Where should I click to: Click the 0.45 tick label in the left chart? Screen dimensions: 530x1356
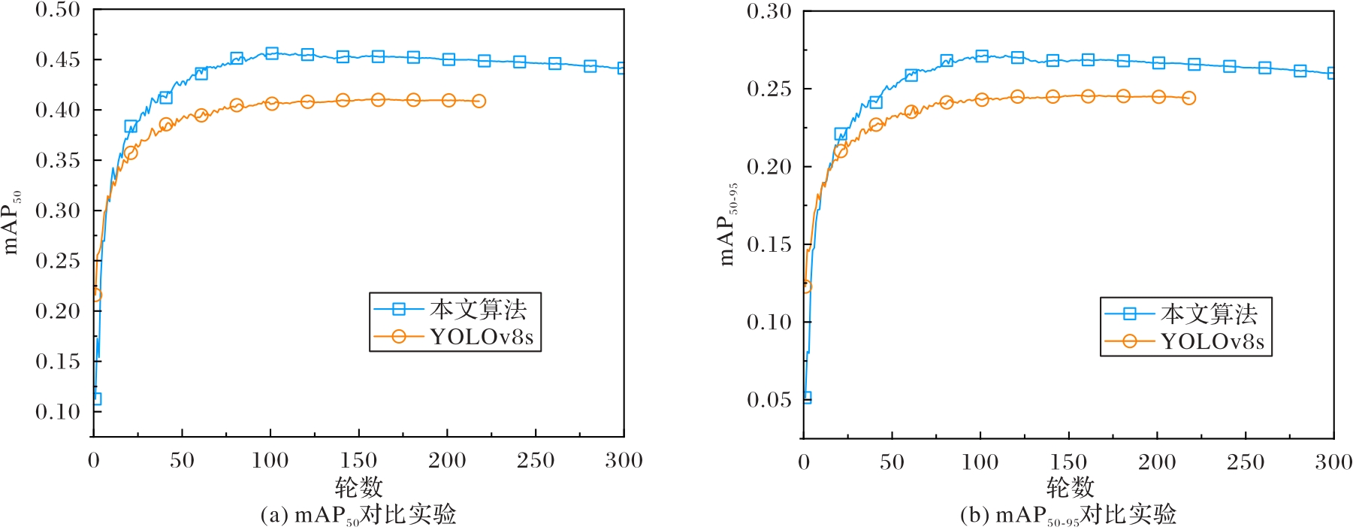58,59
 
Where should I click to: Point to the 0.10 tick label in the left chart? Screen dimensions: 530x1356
58,411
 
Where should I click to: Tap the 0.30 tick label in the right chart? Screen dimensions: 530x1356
769,11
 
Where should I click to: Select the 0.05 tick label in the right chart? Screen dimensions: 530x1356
769,399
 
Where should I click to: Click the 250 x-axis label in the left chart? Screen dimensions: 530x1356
536,460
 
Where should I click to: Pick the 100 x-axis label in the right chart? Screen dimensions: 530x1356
980,462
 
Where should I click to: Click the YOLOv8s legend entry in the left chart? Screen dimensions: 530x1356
482,337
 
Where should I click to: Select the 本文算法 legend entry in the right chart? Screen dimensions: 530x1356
1209,313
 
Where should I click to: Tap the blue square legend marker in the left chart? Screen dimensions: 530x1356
399,309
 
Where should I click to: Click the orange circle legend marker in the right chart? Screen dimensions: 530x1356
1129,341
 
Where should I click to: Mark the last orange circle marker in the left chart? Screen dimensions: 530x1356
479,101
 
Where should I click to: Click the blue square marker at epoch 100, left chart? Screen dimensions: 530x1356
272,53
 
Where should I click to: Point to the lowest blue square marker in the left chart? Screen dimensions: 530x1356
95,399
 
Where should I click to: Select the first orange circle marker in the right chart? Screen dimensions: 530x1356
805,286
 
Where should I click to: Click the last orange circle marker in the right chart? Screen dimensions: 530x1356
1188,98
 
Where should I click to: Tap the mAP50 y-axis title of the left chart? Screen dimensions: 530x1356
12,223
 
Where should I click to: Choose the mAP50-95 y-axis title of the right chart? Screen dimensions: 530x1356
727,225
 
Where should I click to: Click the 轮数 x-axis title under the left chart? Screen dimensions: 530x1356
358,487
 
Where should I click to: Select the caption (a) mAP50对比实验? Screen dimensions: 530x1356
358,515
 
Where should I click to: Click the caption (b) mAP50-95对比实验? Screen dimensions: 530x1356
1068,516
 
